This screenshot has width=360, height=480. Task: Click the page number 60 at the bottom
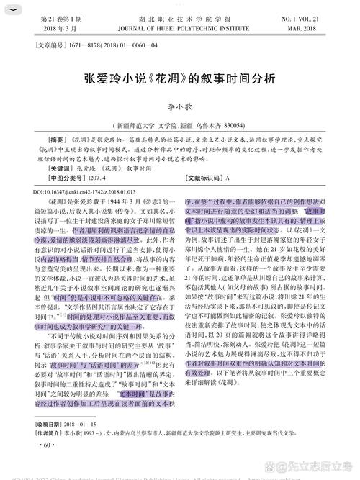click(x=47, y=447)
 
